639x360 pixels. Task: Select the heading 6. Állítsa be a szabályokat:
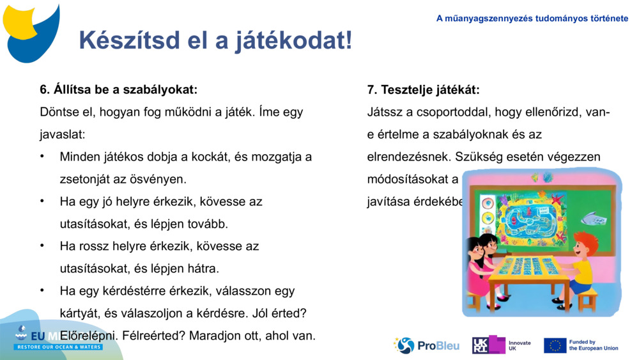[118, 90]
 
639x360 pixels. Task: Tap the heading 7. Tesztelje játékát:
[423, 90]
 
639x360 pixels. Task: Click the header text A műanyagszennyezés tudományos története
[532, 19]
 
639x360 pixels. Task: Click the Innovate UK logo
[501, 345]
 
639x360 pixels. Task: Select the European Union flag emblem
[555, 345]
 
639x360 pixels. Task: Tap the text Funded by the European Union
[593, 345]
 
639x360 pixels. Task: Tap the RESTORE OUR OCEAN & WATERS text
[59, 347]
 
